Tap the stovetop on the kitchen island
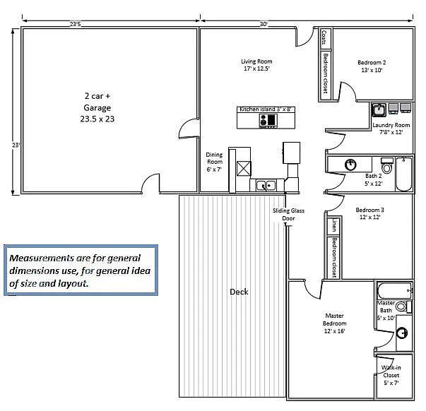pyautogui.click(x=268, y=121)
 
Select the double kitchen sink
pyautogui.click(x=266, y=186)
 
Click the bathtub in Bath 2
pyautogui.click(x=403, y=173)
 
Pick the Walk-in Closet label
pyautogui.click(x=391, y=375)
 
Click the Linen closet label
pyautogui.click(x=334, y=225)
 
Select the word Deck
pyautogui.click(x=239, y=292)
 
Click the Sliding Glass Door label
pyautogui.click(x=286, y=215)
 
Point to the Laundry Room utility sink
pyautogui.click(x=379, y=109)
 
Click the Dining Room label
pyautogui.click(x=214, y=162)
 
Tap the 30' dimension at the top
pyautogui.click(x=264, y=24)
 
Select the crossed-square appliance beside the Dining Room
pyautogui.click(x=244, y=168)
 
